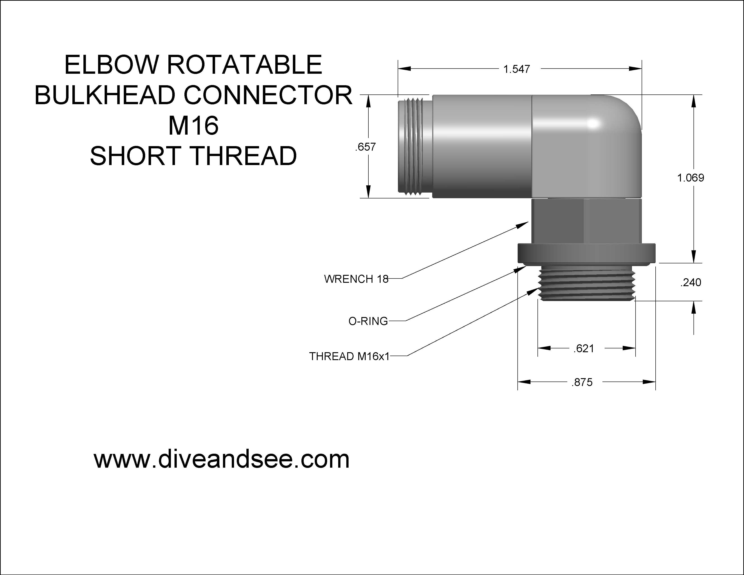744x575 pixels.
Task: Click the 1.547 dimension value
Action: coord(517,69)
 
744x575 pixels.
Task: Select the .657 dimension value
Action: coord(365,147)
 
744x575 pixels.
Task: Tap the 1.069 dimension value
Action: coord(691,178)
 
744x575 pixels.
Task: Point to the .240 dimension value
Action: coord(691,282)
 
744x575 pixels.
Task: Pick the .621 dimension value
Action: coord(583,348)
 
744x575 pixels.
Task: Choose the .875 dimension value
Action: coord(582,382)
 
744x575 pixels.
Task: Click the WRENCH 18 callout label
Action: coord(356,279)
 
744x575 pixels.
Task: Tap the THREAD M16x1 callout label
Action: coord(349,356)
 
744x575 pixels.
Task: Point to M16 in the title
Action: coord(193,125)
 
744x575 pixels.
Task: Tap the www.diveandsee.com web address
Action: coord(221,459)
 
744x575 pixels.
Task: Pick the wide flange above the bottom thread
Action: coord(586,253)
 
